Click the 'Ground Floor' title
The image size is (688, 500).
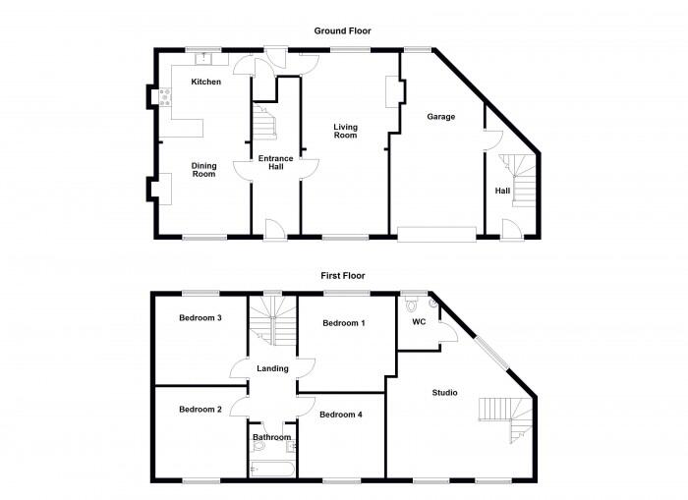[x=343, y=31]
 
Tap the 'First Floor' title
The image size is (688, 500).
[x=343, y=276]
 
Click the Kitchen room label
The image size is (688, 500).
[x=205, y=82]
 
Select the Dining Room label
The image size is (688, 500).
[x=202, y=170]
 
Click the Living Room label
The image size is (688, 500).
[x=345, y=132]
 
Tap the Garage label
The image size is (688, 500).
[x=440, y=116]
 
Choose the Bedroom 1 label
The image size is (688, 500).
[x=344, y=323]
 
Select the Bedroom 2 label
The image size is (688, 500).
[x=200, y=409]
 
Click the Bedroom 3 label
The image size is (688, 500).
[x=200, y=318]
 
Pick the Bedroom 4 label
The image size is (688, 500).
[x=341, y=415]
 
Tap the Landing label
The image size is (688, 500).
[x=272, y=369]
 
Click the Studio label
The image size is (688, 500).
[x=444, y=393]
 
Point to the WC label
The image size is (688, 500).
[x=419, y=321]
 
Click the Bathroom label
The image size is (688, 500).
[x=271, y=437]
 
